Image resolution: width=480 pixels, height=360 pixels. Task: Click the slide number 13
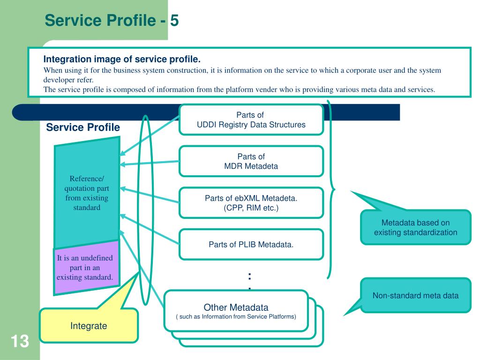[20, 341]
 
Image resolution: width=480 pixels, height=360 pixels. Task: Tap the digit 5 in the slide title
[174, 21]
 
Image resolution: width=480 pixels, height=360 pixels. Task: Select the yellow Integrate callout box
[89, 325]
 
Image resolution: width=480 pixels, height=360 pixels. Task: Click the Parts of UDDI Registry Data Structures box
[251, 120]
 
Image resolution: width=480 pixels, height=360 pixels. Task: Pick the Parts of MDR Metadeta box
[251, 161]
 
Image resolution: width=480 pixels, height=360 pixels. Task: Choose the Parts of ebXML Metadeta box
[251, 203]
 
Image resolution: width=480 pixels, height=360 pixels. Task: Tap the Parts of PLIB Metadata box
[251, 244]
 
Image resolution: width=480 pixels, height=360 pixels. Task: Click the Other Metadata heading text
[236, 307]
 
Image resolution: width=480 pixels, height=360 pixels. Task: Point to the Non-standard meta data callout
[416, 295]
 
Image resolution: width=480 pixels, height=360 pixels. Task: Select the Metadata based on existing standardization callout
[416, 227]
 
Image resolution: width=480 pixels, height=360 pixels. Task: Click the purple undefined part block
[87, 268]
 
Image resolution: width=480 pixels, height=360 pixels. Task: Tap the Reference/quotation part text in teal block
[87, 193]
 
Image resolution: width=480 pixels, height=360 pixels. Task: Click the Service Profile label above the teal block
[83, 127]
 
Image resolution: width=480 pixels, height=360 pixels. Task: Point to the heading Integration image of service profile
[122, 59]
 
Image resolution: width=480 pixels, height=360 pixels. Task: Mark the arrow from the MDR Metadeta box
[150, 163]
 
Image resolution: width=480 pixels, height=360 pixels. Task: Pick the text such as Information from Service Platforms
[236, 316]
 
